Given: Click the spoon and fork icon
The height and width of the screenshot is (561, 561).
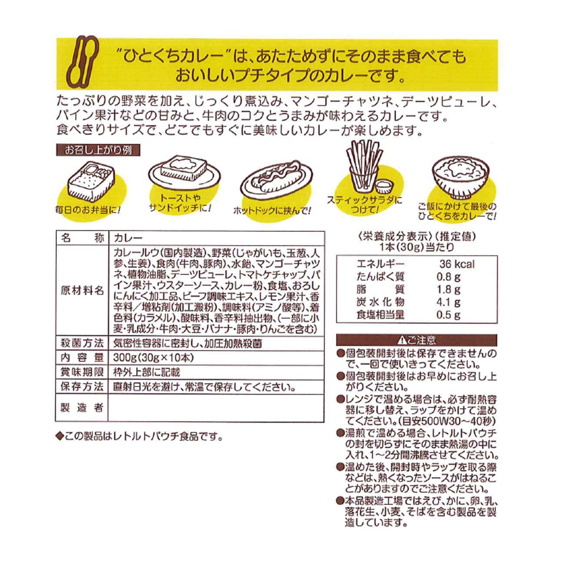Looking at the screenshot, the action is point(82,62).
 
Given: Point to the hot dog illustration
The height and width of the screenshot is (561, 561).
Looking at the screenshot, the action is point(276,180).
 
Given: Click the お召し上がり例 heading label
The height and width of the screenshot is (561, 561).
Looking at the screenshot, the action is point(98,150).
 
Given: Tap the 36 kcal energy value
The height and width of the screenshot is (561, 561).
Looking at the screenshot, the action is point(457,264).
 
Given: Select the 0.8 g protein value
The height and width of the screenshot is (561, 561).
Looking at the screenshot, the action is point(448,277).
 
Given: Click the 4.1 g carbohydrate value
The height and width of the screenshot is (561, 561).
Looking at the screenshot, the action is point(448,302).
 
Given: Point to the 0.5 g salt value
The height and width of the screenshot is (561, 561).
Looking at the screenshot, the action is point(448,315).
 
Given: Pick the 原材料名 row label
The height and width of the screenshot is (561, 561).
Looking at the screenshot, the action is point(82,291).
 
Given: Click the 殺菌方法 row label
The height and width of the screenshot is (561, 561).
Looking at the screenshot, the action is point(82,343).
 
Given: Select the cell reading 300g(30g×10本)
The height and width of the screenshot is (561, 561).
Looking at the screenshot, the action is point(153,358).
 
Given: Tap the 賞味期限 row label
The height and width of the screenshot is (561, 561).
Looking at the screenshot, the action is point(82,372).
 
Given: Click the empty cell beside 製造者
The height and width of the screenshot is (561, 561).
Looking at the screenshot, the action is point(216,408).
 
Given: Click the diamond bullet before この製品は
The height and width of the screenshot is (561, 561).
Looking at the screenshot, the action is point(59,436).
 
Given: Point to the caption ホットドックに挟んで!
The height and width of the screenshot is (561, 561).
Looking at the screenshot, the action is point(272,211).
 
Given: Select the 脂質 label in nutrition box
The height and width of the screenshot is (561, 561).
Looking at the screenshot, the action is point(380,289).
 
